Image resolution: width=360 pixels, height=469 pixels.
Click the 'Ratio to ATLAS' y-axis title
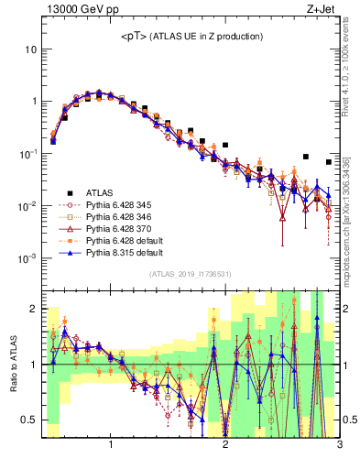(x=12, y=363)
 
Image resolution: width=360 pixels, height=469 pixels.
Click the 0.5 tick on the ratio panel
(x=30, y=420)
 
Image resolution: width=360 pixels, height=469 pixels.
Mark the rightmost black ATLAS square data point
(x=329, y=162)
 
